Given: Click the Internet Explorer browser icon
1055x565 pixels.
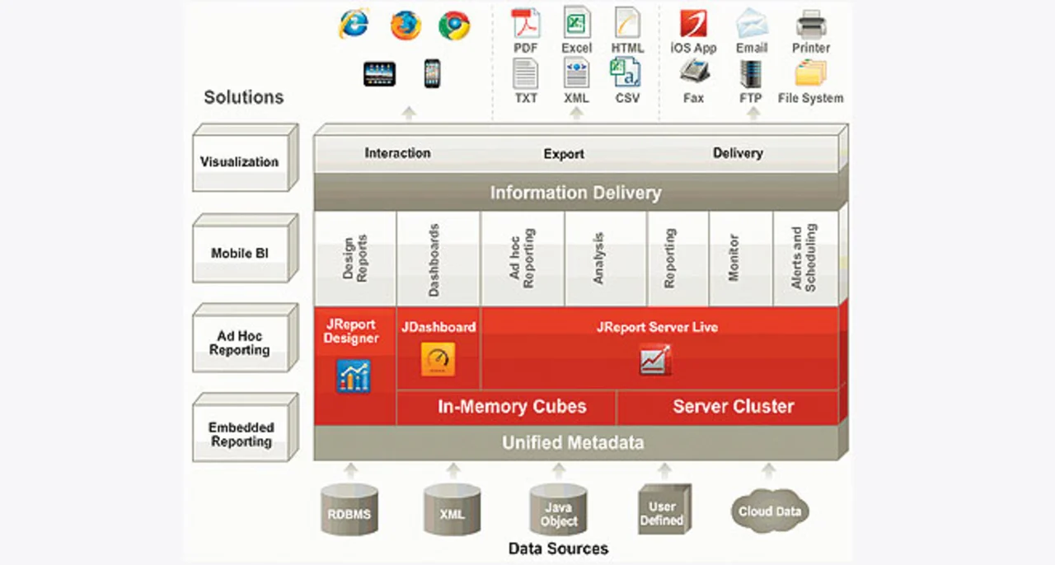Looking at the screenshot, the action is click(354, 24).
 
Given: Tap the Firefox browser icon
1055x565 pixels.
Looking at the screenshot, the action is click(406, 25).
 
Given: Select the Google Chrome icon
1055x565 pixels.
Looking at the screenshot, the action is click(454, 26).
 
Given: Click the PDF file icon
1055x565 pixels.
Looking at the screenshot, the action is click(526, 24).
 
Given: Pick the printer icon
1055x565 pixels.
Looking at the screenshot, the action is click(811, 25).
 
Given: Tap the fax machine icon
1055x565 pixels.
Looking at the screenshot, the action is click(694, 72).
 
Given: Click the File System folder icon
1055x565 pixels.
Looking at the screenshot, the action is click(810, 73).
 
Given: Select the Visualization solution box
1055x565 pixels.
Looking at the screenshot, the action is click(246, 158).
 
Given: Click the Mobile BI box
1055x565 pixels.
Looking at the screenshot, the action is click(246, 249).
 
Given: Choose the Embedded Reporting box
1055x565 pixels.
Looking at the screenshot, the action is click(246, 427).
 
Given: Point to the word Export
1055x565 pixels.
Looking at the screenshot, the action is click(564, 154).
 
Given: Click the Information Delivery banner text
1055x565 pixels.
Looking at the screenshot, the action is click(575, 193).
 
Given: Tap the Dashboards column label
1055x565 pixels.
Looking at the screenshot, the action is click(434, 260).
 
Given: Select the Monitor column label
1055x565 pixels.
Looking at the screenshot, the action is click(734, 258).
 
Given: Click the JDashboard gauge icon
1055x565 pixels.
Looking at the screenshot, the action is click(438, 359).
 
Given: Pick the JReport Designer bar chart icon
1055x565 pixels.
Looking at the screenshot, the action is click(354, 376).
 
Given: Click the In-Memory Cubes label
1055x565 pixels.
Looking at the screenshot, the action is click(512, 406).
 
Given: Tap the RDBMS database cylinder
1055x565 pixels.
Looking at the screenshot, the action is click(349, 510).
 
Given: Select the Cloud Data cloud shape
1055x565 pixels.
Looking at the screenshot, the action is click(770, 511).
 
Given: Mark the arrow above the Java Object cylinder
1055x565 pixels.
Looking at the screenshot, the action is click(559, 470).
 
